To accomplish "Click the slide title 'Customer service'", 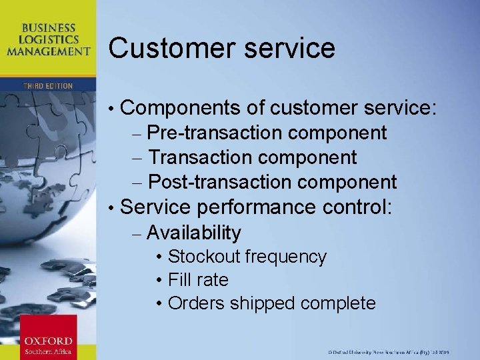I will [221, 49].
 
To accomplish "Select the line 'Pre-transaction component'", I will [267, 133].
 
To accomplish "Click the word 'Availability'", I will [193, 233].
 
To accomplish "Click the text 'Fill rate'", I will [198, 280].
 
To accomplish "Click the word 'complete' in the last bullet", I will [338, 304].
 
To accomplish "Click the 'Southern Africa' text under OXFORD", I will [47, 351].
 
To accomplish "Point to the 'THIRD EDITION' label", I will [48, 86].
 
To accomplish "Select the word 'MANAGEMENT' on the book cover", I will [48, 51].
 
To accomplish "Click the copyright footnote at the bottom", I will [399, 351].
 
